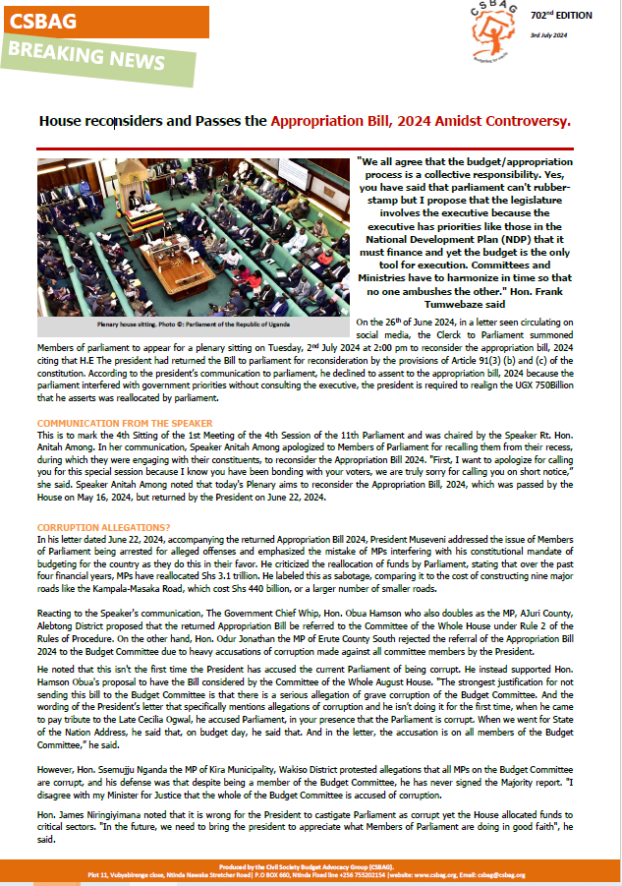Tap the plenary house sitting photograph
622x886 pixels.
[193, 237]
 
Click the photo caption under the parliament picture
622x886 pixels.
[193, 323]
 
